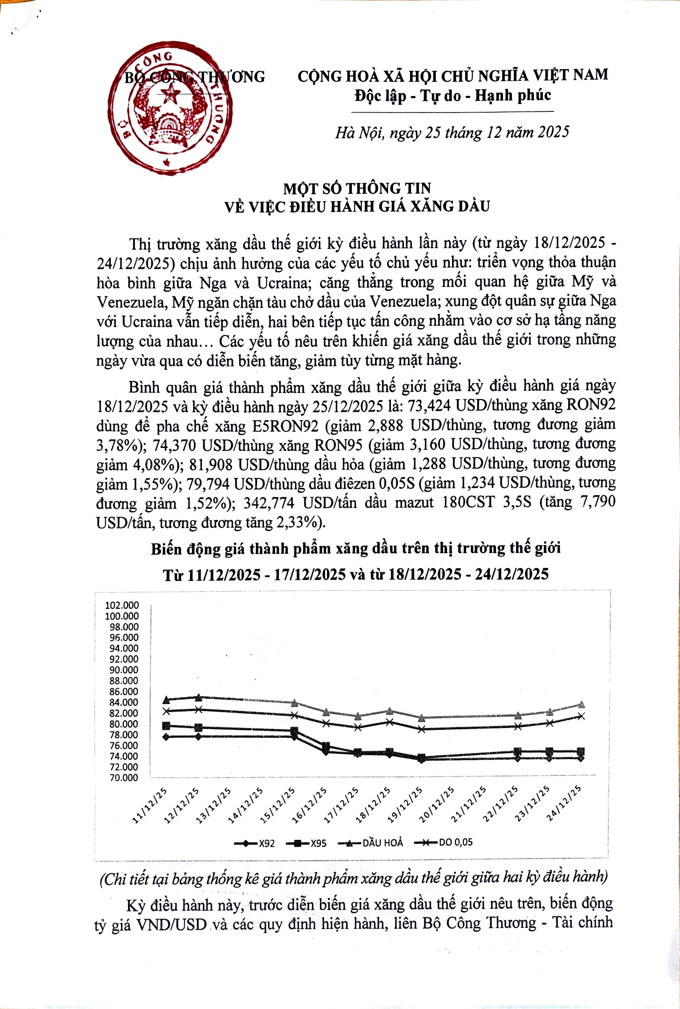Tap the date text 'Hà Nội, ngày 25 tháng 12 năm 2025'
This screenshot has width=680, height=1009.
[451, 132]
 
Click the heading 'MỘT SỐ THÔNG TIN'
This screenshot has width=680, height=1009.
[357, 188]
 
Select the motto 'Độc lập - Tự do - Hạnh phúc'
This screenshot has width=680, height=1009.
[452, 95]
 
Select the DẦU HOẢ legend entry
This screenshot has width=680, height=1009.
[371, 843]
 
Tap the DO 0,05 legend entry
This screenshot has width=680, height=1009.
[443, 842]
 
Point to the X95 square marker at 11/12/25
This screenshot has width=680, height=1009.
[166, 725]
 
